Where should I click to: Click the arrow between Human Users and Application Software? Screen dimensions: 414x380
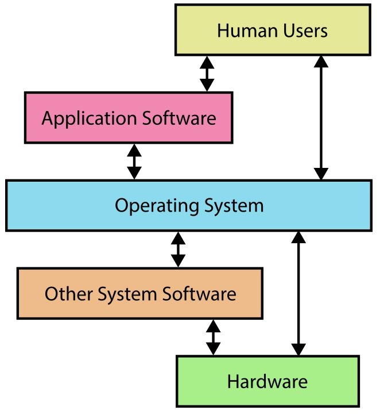[207, 74]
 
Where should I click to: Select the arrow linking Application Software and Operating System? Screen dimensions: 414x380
[134, 162]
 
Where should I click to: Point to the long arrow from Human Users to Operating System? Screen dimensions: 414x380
[321, 117]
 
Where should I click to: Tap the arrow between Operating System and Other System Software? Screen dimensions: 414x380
[179, 249]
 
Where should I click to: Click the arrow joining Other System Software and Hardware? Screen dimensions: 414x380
[213, 338]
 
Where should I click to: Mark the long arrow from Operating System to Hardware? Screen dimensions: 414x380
[298, 293]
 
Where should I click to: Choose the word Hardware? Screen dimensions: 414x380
[267, 381]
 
